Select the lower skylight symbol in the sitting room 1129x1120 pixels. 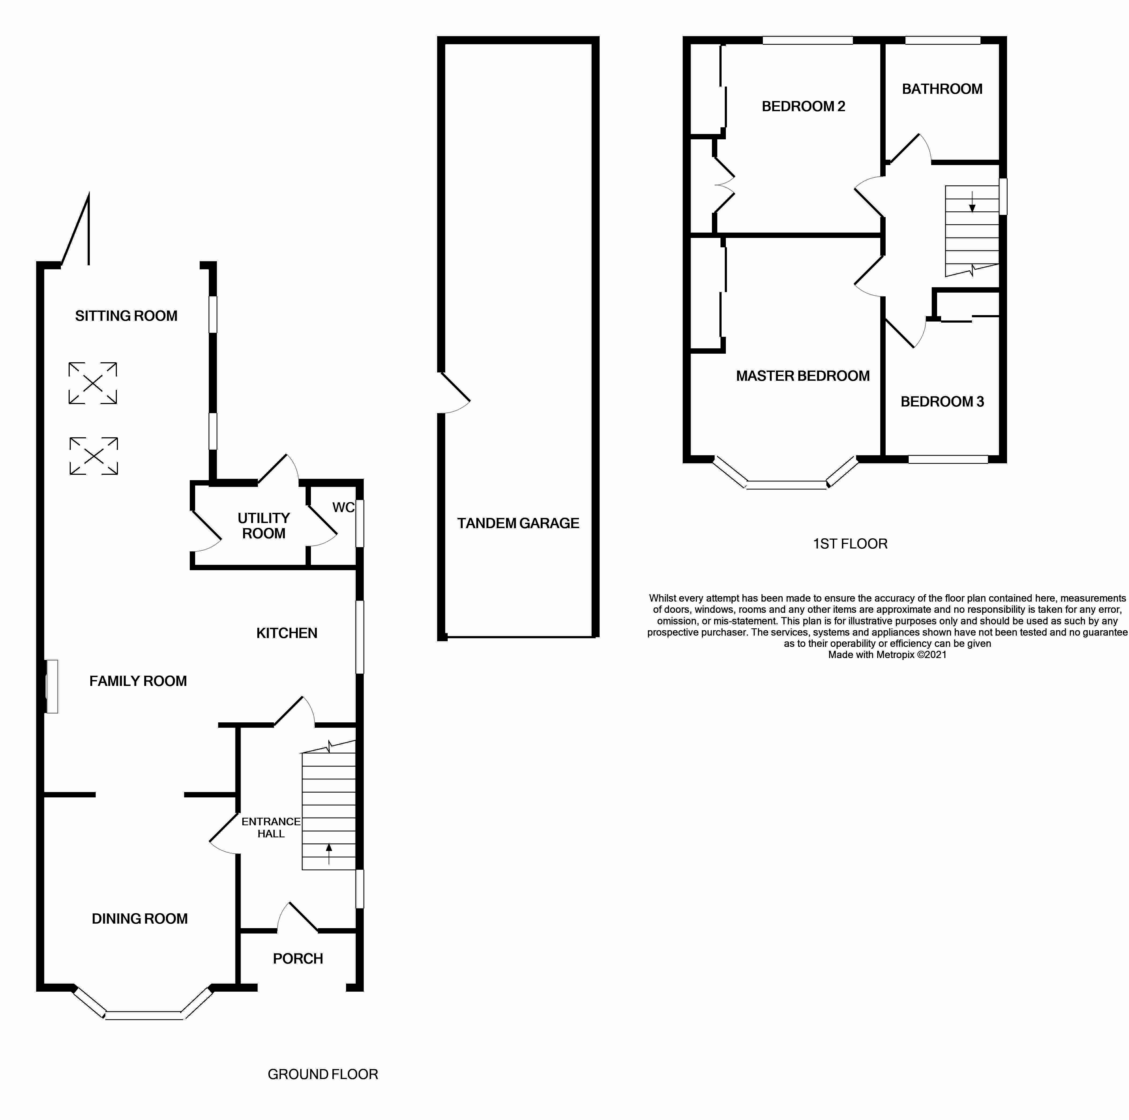point(94,456)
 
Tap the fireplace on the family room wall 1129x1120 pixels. point(52,686)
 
